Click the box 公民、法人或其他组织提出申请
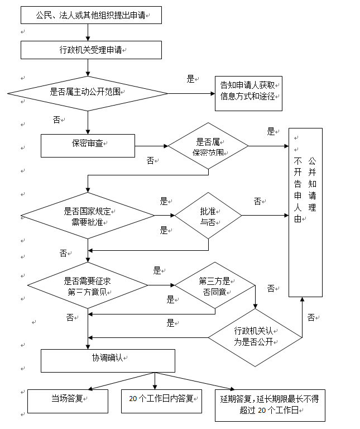click(x=91, y=15)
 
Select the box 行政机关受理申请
click(x=91, y=50)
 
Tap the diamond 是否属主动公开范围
click(x=88, y=93)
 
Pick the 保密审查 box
click(x=88, y=145)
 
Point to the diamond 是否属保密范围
click(x=208, y=146)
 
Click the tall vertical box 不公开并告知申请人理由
click(x=305, y=212)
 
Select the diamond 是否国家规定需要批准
click(x=88, y=216)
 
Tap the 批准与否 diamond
click(x=208, y=216)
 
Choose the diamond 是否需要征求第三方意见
click(x=88, y=285)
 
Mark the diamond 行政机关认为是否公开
click(x=255, y=337)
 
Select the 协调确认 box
click(x=108, y=360)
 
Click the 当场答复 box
click(x=68, y=401)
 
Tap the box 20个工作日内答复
click(x=161, y=401)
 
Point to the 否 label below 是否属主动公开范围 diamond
click(x=57, y=119)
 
